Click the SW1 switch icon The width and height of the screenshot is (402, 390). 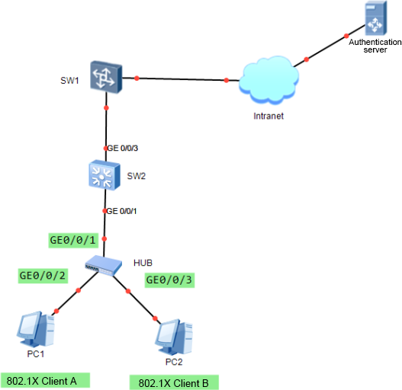click(106, 77)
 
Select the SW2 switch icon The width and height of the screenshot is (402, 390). click(105, 175)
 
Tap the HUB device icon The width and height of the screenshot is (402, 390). click(103, 265)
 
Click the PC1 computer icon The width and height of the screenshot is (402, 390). click(36, 329)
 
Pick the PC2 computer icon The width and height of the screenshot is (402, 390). click(174, 337)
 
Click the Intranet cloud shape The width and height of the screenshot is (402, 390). click(269, 80)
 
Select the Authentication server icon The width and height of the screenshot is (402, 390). click(376, 18)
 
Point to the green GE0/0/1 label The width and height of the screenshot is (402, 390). click(73, 240)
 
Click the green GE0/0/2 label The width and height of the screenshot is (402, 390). click(43, 276)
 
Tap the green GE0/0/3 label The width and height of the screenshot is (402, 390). click(169, 280)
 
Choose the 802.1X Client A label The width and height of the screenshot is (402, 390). click(45, 380)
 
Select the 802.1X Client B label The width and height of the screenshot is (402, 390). click(174, 382)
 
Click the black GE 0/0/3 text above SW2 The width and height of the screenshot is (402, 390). click(122, 148)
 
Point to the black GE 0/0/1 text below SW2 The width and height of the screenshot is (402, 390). click(121, 211)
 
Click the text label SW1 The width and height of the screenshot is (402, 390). click(69, 81)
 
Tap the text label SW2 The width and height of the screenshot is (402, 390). click(137, 176)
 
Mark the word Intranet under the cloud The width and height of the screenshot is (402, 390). click(269, 116)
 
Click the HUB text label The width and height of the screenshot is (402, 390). click(143, 263)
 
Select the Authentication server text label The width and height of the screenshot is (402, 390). click(375, 46)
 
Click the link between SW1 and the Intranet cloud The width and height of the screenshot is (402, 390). click(181, 79)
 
